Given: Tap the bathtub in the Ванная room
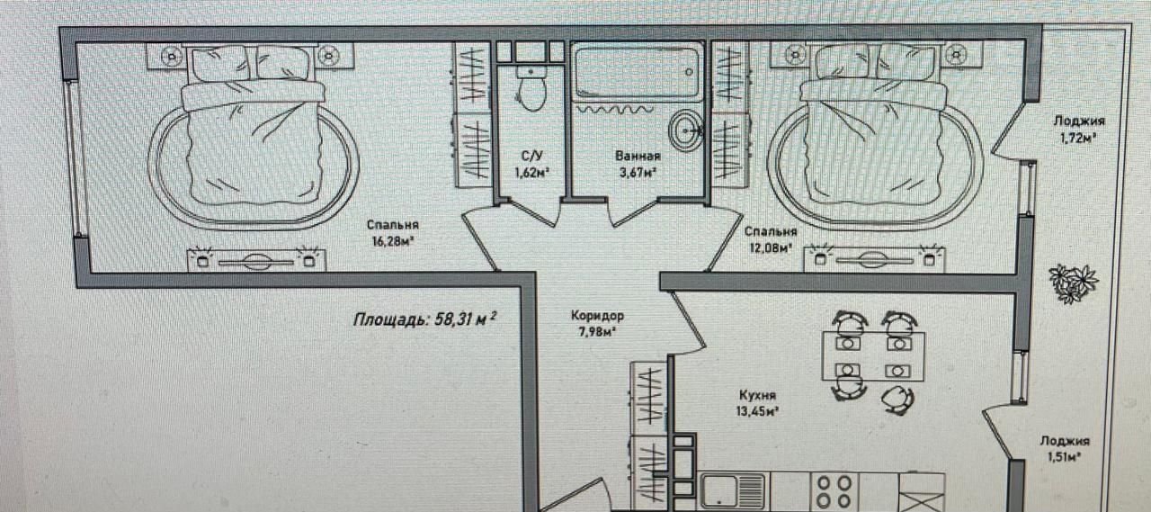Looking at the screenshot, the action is [x=637, y=71].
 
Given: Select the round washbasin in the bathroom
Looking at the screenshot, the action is [x=685, y=130].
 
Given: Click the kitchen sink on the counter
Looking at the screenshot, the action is [x=733, y=491].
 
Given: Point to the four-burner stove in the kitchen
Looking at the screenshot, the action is [x=834, y=491].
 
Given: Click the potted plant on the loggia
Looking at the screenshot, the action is [x=1074, y=283].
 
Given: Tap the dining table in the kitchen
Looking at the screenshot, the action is [x=873, y=356].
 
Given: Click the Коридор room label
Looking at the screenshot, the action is [x=597, y=315].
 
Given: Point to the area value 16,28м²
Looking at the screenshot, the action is [x=394, y=241].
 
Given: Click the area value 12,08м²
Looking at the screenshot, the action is [x=769, y=248].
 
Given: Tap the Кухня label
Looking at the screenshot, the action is [x=757, y=395].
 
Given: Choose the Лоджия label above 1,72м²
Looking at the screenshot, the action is [x=1078, y=121].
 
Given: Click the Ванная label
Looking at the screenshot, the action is [x=638, y=156].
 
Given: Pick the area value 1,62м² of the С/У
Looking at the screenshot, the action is [x=532, y=172].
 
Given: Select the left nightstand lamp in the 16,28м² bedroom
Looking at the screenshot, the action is [x=171, y=56].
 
